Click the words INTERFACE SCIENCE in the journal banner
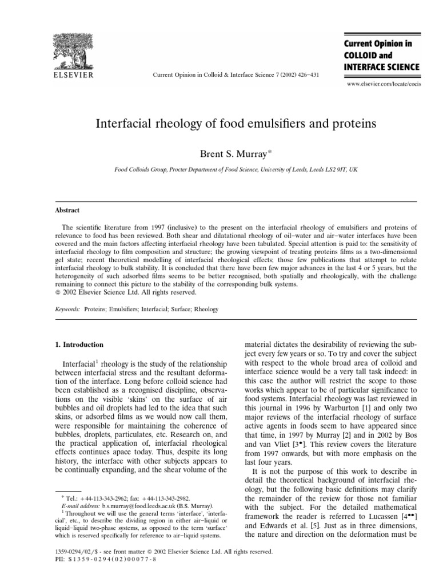tap(381, 67)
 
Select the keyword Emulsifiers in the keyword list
tap(129, 309)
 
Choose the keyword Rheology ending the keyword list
tap(207, 309)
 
